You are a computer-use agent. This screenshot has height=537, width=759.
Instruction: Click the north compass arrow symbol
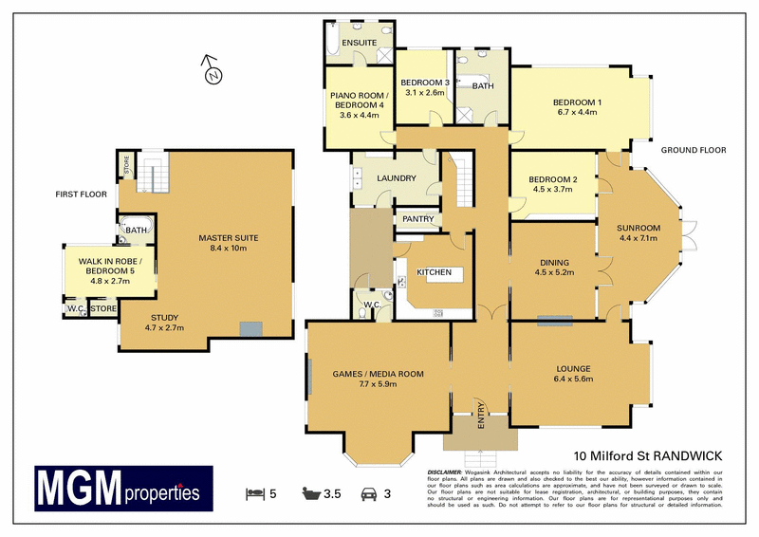coord(213,69)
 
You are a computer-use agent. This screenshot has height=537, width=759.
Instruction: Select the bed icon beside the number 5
coord(253,493)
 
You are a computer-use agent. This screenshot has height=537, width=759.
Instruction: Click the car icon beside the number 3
coord(369,493)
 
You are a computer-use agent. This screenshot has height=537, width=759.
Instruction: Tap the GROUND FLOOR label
coord(693,150)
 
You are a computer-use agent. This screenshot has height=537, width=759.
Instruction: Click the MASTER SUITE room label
coord(228,237)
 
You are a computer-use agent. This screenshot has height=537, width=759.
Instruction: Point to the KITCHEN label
coord(435,272)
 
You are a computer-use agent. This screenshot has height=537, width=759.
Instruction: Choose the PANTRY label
coord(417,219)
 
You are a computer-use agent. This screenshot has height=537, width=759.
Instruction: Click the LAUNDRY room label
coord(397,177)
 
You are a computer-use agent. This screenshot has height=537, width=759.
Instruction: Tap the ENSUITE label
coord(360,44)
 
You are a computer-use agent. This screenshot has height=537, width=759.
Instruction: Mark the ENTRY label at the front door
coord(481,417)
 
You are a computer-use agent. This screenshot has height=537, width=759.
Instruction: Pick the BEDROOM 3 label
coord(425,83)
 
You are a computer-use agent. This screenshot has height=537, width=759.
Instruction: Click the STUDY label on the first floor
coord(163,317)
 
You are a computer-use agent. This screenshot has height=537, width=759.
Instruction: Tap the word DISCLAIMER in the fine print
coord(444,472)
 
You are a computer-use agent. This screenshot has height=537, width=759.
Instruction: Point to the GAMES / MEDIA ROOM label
coord(378,374)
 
